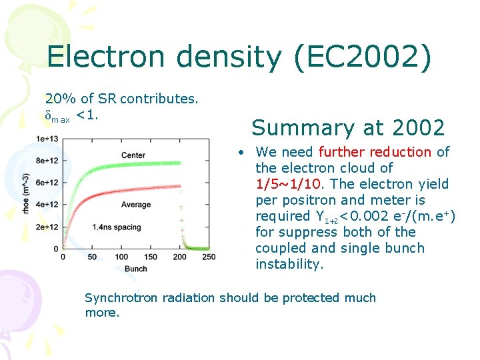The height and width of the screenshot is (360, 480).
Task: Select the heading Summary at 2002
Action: (348, 127)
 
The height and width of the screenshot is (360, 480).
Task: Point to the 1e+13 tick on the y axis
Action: (47, 139)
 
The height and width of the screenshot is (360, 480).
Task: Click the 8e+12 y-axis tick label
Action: (47, 161)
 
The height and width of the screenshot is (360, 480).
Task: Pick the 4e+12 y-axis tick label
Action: (47, 205)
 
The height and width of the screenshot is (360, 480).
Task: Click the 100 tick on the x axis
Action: (121, 257)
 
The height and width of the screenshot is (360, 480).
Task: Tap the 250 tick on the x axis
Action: (209, 257)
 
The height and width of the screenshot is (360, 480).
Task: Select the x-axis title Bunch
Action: (135, 268)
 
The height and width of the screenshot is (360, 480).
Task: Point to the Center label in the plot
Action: (133, 155)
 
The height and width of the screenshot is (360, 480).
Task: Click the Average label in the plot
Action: (135, 205)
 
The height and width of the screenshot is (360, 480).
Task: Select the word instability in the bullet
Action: (289, 264)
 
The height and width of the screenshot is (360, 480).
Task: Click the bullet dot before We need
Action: (245, 153)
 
